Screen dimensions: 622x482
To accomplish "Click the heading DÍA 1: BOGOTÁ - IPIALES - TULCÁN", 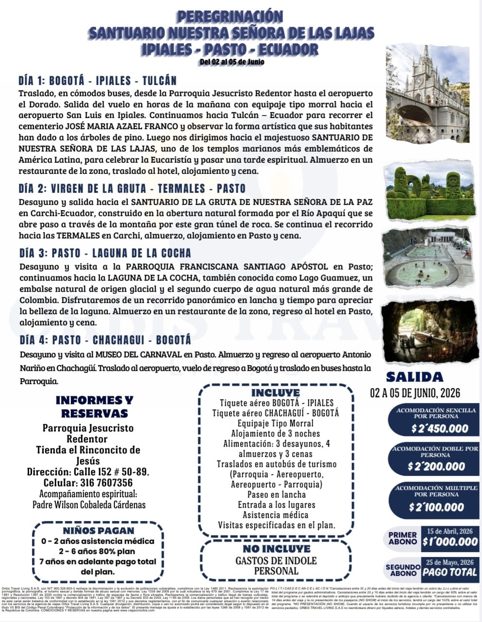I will [x=97, y=81].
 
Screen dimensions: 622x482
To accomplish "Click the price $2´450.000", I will [x=439, y=429].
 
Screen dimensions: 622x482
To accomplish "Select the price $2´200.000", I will [x=436, y=467].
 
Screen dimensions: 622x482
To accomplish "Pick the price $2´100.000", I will [x=436, y=507].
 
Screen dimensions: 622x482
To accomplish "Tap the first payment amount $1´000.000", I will [x=450, y=542].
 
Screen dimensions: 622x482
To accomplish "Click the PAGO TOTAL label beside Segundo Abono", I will [x=449, y=572].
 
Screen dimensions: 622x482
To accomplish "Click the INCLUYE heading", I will [x=275, y=392].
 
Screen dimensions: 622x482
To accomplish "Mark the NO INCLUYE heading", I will [x=276, y=549].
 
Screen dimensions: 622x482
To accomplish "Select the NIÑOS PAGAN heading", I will [x=98, y=531].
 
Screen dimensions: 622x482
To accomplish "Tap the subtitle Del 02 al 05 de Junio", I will [x=232, y=62].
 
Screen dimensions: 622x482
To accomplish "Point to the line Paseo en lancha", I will [x=276, y=494].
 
